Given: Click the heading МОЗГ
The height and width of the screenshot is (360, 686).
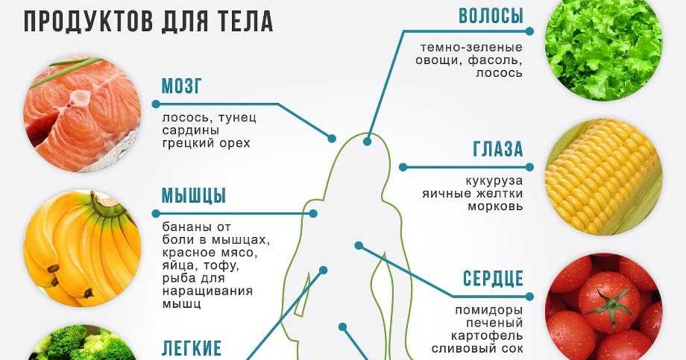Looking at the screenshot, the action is pyautogui.click(x=182, y=86).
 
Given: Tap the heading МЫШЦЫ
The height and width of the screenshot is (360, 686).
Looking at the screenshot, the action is pyautogui.click(x=194, y=195).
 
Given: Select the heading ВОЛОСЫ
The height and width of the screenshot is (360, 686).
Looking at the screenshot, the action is pyautogui.click(x=491, y=16).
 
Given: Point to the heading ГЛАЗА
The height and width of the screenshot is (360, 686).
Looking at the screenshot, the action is pyautogui.click(x=498, y=149).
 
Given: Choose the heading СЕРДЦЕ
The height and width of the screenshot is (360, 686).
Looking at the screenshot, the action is pyautogui.click(x=493, y=278).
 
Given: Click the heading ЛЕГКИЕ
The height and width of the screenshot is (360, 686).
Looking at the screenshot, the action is pyautogui.click(x=192, y=348).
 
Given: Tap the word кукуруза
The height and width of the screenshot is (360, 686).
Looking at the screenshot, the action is pyautogui.click(x=494, y=180).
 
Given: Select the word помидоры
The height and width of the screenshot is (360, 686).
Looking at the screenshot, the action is pyautogui.click(x=488, y=311).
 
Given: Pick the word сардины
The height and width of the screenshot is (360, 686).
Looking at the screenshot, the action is pyautogui.click(x=191, y=130).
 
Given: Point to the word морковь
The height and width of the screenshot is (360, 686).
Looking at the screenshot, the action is pyautogui.click(x=495, y=206).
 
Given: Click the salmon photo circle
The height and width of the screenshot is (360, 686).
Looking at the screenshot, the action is pyautogui.click(x=82, y=114).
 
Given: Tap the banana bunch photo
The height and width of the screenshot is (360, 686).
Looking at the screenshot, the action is pyautogui.click(x=82, y=248).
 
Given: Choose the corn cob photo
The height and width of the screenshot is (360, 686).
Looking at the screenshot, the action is pyautogui.click(x=603, y=177).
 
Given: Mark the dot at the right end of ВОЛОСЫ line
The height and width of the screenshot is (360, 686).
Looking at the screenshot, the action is pyautogui.click(x=529, y=31).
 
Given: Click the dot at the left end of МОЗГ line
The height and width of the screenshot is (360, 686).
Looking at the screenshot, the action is pyautogui.click(x=156, y=104).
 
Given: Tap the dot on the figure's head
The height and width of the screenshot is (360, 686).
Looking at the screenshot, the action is pyautogui.click(x=367, y=142).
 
